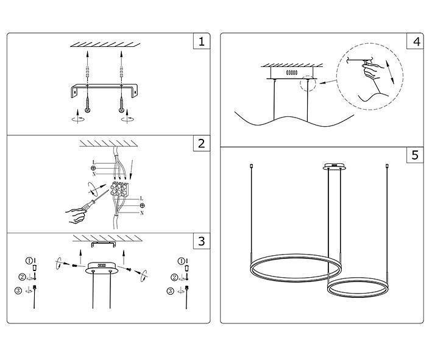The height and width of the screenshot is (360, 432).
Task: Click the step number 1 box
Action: pos(201,42)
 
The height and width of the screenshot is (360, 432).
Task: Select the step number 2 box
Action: pos(201,144)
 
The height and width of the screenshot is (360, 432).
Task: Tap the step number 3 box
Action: pos(201,241)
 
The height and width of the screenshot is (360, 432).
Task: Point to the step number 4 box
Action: pos(416,42)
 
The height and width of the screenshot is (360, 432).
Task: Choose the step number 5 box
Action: pos(416,155)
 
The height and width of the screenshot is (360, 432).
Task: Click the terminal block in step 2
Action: pos(121,188)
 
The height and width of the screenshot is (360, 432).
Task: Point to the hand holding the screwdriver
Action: pos(76,213)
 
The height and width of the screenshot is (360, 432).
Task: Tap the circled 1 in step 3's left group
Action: pos(27,261)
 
